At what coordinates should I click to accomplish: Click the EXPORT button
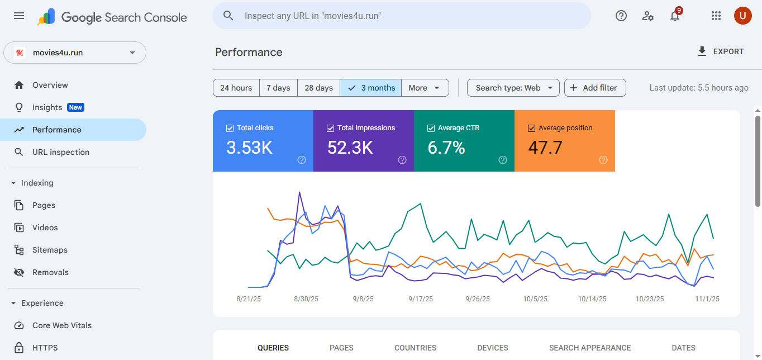tap(721, 51)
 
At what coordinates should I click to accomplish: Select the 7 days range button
tap(278, 88)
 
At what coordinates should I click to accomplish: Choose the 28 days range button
tap(318, 88)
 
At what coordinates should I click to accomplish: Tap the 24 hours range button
tap(236, 88)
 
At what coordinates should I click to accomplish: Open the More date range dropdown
tap(425, 88)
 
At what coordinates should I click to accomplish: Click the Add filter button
tap(594, 88)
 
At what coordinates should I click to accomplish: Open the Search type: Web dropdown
tap(513, 88)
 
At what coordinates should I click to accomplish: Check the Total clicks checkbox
tap(230, 128)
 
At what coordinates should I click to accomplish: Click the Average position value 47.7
tap(545, 148)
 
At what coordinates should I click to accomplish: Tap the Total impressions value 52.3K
tap(350, 148)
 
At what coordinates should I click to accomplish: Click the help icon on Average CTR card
tap(503, 160)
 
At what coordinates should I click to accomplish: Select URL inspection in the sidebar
tap(60, 152)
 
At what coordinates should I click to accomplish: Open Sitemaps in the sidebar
tap(50, 250)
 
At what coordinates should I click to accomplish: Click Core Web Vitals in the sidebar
tap(61, 325)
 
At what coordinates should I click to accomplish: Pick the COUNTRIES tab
tap(415, 348)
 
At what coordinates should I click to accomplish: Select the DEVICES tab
tap(493, 348)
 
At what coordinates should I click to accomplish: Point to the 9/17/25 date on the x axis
tap(421, 299)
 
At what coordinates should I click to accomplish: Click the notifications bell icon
tap(675, 16)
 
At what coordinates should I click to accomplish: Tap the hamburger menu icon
tap(19, 16)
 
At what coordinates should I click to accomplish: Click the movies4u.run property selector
tap(75, 53)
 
